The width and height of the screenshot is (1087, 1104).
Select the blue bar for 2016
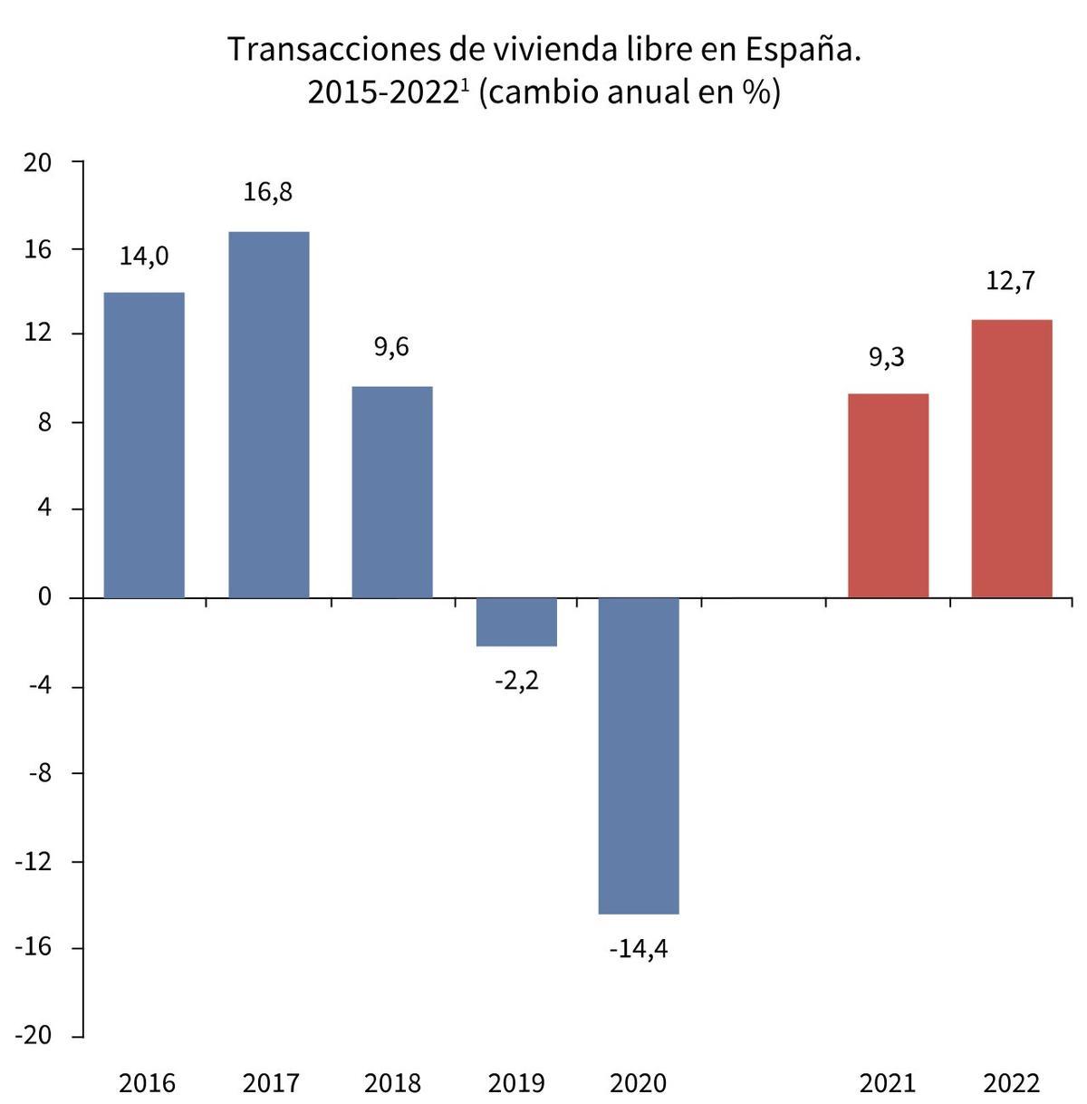(144, 445)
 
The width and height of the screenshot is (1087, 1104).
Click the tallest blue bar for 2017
(268, 415)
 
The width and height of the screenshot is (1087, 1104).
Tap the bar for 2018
(392, 492)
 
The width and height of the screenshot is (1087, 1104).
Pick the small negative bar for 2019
(516, 622)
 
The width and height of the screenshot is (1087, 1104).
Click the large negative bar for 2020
(640, 756)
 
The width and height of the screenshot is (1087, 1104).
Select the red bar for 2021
(888, 496)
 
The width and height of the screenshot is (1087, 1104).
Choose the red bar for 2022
(1012, 459)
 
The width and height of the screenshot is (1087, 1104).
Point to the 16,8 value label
(268, 192)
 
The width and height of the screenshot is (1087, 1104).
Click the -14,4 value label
(639, 949)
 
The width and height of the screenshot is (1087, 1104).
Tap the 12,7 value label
(1010, 281)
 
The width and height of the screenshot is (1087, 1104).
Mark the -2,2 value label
(516, 681)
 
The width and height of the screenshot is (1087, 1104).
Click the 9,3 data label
(887, 357)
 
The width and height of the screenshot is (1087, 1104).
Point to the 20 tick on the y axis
(38, 162)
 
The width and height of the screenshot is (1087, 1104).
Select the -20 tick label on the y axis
(34, 1036)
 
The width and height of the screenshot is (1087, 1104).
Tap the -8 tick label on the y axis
(38, 774)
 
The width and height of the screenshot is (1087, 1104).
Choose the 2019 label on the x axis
(516, 1083)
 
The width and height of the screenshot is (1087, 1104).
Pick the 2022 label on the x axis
(1012, 1083)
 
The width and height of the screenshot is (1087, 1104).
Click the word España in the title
(803, 50)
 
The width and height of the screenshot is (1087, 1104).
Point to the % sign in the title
(755, 92)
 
